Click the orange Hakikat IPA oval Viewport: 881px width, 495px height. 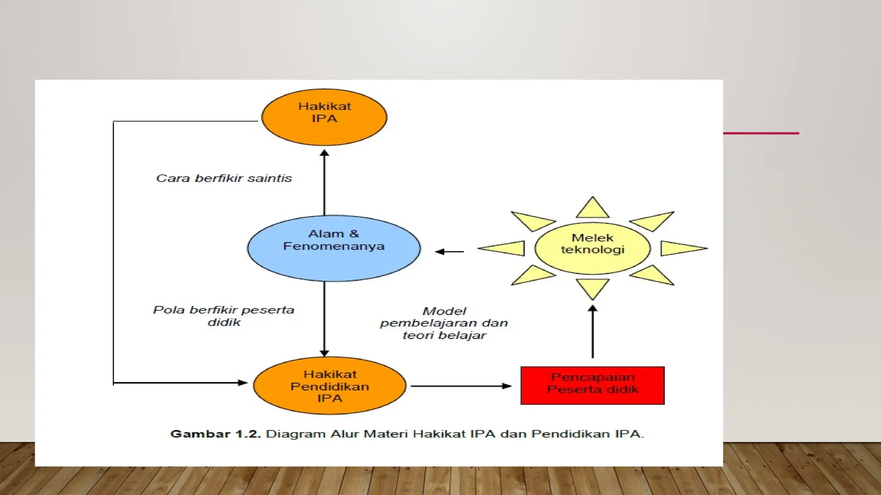(x=324, y=117)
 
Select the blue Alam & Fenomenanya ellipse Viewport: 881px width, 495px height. (x=334, y=248)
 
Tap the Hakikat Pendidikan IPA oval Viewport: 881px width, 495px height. (x=330, y=385)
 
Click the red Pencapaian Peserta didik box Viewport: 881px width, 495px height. (x=592, y=385)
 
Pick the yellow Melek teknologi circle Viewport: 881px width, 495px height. (x=592, y=248)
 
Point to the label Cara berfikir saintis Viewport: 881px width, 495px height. (x=224, y=178)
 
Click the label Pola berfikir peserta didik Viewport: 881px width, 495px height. (x=224, y=316)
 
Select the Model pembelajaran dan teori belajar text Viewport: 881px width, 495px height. (x=444, y=323)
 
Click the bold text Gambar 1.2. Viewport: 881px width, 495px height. (x=216, y=434)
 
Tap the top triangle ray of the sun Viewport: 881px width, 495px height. (x=592, y=209)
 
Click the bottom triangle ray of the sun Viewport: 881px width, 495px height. (x=592, y=288)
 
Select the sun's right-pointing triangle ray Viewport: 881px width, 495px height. (x=682, y=248)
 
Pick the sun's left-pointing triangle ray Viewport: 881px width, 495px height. (x=503, y=248)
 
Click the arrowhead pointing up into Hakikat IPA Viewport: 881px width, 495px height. (x=324, y=153)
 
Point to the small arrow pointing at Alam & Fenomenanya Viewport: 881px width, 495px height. (x=449, y=251)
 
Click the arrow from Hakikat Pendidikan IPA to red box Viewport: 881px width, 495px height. (x=461, y=386)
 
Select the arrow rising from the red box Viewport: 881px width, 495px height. (x=592, y=331)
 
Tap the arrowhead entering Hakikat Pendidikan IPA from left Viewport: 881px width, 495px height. (x=243, y=382)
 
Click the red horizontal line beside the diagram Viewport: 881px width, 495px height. (x=761, y=133)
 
